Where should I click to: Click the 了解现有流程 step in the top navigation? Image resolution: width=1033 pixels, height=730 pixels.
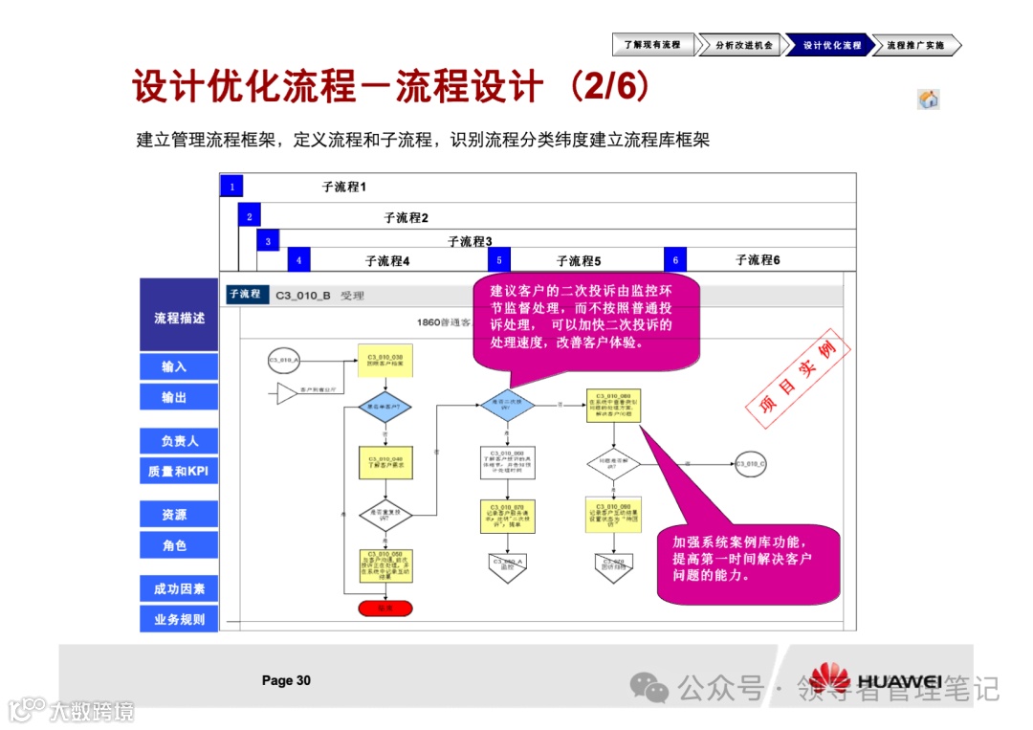(x=652, y=45)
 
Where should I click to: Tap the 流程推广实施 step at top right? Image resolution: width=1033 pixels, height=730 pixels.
(x=915, y=45)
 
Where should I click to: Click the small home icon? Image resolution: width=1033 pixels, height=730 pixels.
(x=928, y=100)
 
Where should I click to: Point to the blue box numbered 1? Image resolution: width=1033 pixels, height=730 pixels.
(x=231, y=187)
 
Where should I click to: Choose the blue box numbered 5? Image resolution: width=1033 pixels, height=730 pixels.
(x=498, y=259)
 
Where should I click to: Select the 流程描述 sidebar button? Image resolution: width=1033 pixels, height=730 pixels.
(x=179, y=317)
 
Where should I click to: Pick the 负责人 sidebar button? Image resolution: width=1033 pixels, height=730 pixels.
(x=179, y=441)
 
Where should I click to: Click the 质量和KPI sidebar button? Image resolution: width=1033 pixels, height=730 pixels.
(x=179, y=471)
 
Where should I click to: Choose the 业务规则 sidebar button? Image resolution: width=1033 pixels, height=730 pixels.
(x=179, y=619)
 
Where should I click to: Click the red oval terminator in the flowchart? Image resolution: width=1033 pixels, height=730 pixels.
(x=385, y=608)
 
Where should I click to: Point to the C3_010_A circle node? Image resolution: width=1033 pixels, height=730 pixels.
(x=284, y=361)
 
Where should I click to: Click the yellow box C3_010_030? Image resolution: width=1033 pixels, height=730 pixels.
(x=385, y=361)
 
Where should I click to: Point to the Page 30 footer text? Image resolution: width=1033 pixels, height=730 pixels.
(x=286, y=680)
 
